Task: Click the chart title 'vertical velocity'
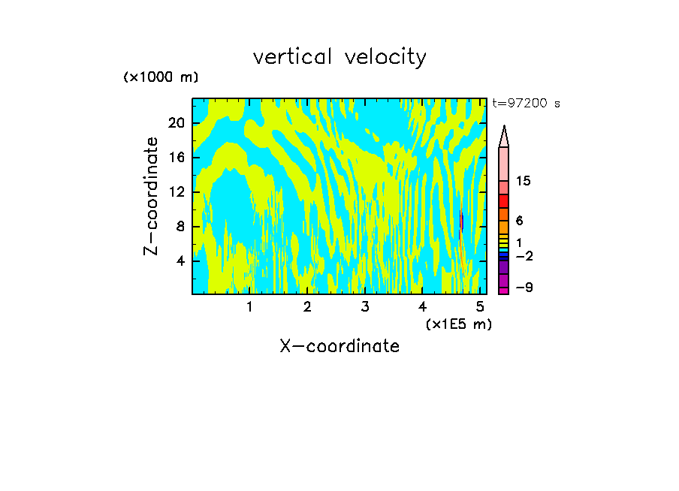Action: click(x=339, y=57)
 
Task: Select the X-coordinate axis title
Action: click(x=339, y=346)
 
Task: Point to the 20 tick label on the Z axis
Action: click(x=177, y=123)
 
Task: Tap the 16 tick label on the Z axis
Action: click(x=177, y=158)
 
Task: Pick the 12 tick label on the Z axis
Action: click(x=177, y=192)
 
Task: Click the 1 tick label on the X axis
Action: click(x=249, y=307)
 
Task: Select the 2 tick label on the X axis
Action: click(x=307, y=307)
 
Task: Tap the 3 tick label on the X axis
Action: click(x=364, y=307)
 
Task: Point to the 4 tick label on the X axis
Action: click(x=422, y=307)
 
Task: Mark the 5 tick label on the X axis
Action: click(x=479, y=307)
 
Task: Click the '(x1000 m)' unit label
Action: click(x=161, y=77)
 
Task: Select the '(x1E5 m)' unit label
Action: click(x=458, y=324)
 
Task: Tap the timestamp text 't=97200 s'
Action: click(x=526, y=104)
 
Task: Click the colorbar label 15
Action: click(x=524, y=182)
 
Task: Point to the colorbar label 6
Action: click(x=519, y=221)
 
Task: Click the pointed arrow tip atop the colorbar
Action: click(x=504, y=129)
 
